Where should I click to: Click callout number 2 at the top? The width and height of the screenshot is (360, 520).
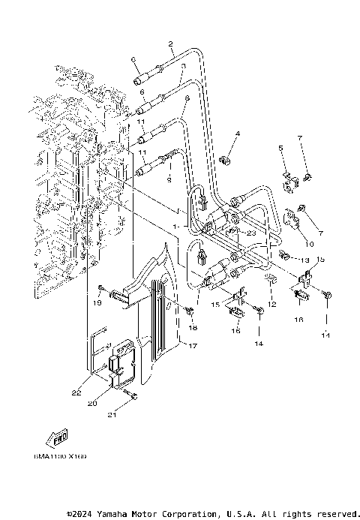pyautogui.click(x=171, y=44)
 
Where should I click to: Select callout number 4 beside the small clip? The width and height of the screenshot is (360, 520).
pyautogui.click(x=216, y=134)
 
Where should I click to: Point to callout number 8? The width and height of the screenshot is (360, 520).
pyautogui.click(x=187, y=98)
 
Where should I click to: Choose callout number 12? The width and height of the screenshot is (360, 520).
pyautogui.click(x=272, y=305)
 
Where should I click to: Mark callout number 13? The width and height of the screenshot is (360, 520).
pyautogui.click(x=305, y=260)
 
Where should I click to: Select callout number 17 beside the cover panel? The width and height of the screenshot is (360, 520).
pyautogui.click(x=193, y=346)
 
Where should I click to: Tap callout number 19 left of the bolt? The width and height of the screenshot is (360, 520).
pyautogui.click(x=97, y=302)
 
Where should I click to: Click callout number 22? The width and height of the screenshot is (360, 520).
pyautogui.click(x=76, y=392)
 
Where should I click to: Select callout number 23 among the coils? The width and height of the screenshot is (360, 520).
pyautogui.click(x=250, y=233)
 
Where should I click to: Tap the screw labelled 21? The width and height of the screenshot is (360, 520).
pyautogui.click(x=132, y=396)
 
